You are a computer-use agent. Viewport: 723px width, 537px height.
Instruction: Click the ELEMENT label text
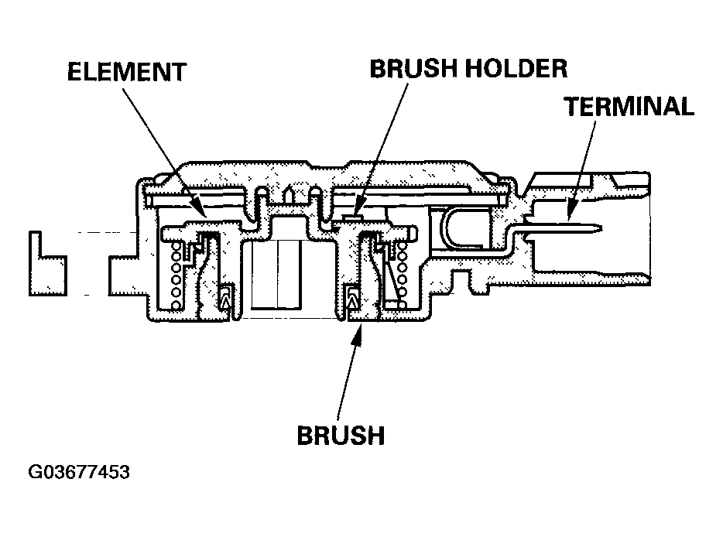[127, 72]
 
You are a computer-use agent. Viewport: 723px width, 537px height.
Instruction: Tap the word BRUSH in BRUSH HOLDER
[413, 69]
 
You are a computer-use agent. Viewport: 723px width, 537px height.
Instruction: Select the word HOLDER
[516, 69]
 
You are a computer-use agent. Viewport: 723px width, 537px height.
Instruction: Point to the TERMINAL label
[629, 106]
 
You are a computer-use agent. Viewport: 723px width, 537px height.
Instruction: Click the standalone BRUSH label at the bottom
[341, 435]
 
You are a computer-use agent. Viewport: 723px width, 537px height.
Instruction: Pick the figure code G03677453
[79, 473]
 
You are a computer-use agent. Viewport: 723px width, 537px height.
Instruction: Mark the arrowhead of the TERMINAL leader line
[570, 213]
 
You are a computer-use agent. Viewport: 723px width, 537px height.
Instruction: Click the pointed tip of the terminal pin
[601, 227]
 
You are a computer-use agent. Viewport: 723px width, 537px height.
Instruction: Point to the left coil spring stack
[176, 275]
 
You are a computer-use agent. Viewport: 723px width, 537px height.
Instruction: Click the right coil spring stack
[402, 275]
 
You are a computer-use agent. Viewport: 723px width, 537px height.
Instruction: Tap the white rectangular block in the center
[276, 275]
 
